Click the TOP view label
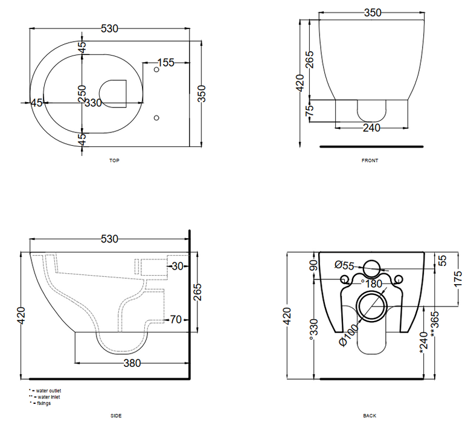(114, 161)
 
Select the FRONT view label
(370, 161)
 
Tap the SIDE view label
(116, 416)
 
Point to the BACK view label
(370, 416)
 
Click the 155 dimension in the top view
(165, 62)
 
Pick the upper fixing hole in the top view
(156, 70)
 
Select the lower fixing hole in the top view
(156, 118)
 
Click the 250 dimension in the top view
(82, 94)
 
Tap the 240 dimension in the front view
(371, 128)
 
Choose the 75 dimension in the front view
(309, 110)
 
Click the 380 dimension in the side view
(132, 363)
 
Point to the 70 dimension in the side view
(176, 319)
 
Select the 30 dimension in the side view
(177, 266)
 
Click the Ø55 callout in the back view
(344, 265)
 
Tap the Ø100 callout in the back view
(348, 335)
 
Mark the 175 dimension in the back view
(458, 279)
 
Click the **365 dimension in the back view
(435, 324)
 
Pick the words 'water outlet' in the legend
(48, 390)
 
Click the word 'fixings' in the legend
(44, 403)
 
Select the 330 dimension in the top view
(93, 103)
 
